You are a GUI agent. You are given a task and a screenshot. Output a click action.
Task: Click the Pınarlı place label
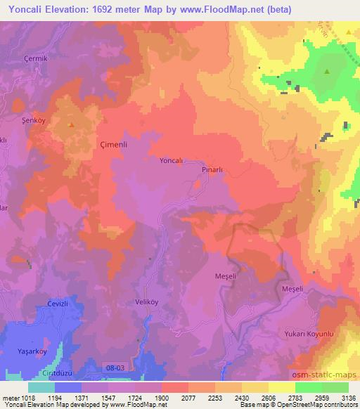click(212, 170)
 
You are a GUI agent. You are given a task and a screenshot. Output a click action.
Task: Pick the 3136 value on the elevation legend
click(347, 397)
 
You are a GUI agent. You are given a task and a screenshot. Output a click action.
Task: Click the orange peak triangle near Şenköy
click(71, 126)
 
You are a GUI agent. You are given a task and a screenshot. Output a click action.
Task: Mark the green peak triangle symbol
click(326, 72)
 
